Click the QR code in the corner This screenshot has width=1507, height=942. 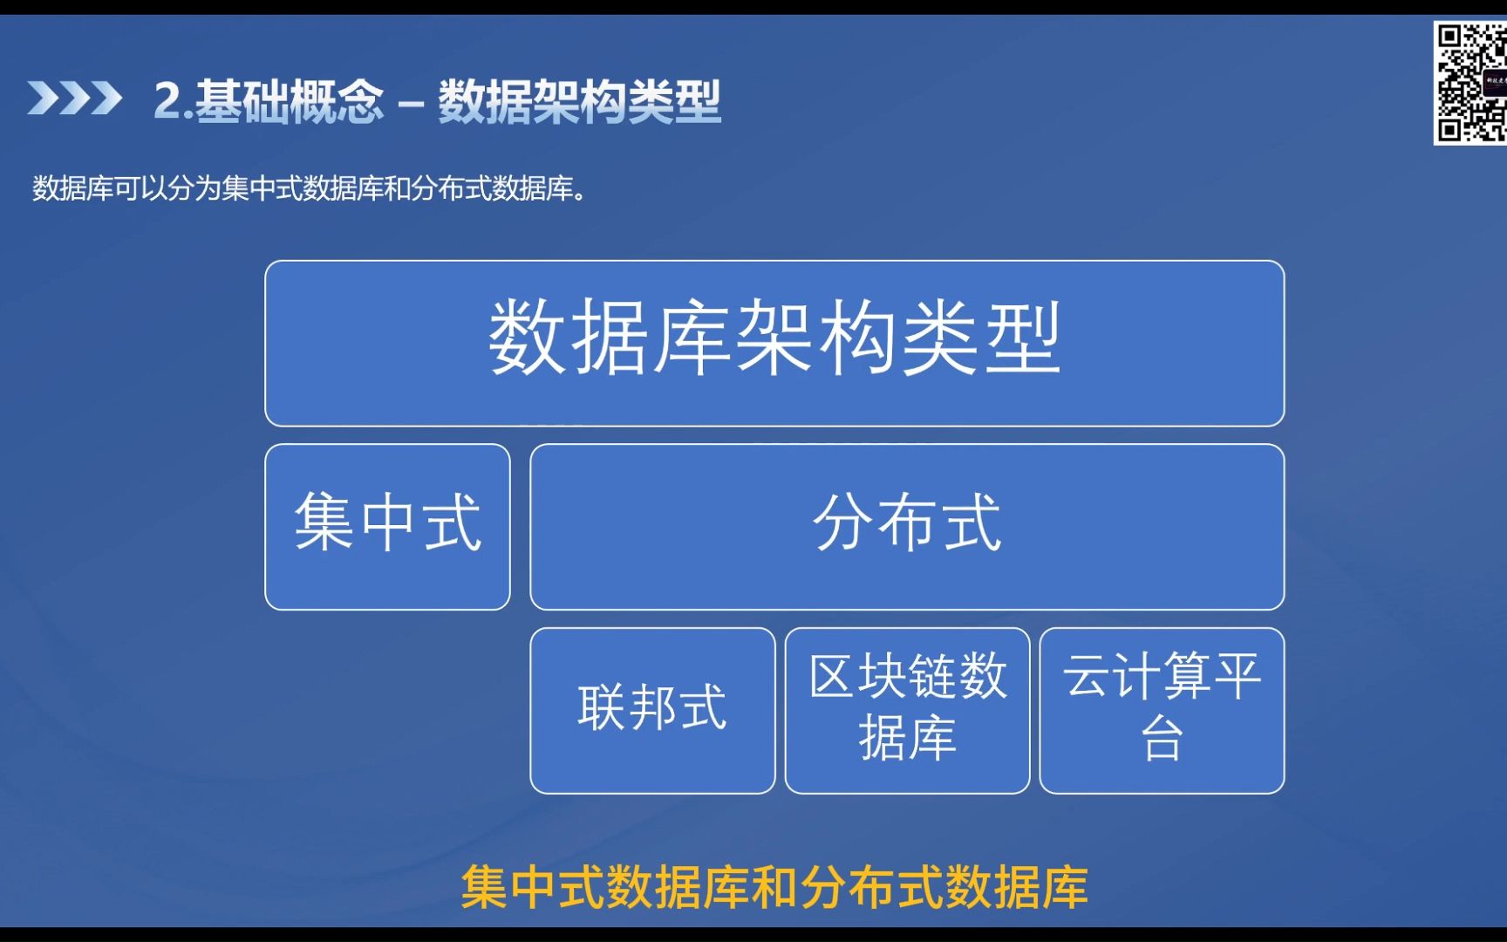click(1470, 83)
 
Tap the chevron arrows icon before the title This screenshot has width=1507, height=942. click(74, 98)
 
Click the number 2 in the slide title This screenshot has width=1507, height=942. click(167, 100)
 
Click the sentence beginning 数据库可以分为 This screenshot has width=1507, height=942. click(310, 188)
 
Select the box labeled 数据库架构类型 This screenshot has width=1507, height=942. click(774, 344)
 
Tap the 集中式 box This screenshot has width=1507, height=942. click(387, 527)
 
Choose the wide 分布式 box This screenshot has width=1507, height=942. click(907, 527)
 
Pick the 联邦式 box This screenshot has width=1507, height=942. click(652, 711)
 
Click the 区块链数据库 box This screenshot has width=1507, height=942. click(907, 711)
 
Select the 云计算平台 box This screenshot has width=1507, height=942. click(1162, 711)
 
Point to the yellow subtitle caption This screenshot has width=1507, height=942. click(774, 887)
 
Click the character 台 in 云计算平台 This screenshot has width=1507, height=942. click(1162, 738)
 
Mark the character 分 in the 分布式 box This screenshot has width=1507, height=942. click(842, 522)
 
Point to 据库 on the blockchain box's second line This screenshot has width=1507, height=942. click(907, 738)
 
